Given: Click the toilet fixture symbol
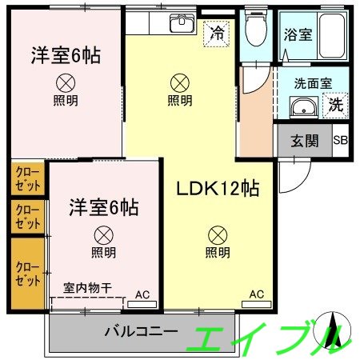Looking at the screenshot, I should click(256, 31).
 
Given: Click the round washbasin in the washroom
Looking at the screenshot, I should click(302, 108).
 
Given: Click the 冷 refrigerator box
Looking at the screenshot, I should click(216, 34).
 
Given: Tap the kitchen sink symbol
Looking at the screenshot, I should click(183, 24).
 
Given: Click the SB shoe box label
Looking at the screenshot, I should click(340, 142).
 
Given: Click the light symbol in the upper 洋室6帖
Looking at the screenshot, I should click(66, 82).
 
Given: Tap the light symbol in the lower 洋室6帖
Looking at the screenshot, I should click(102, 234).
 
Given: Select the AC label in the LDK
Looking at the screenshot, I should click(256, 294).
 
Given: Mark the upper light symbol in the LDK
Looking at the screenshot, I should click(180, 82).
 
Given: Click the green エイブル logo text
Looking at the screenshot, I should click(264, 340).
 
